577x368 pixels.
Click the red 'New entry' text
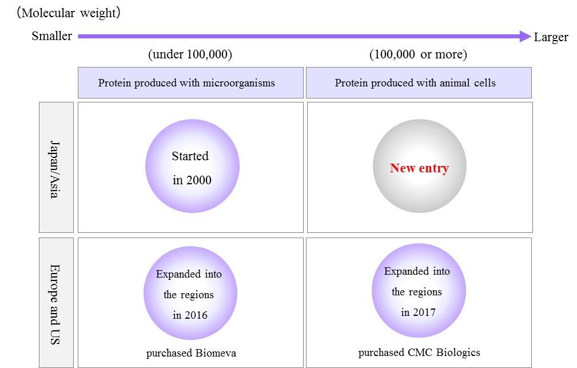click(x=420, y=168)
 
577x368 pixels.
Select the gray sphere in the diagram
click(x=420, y=166)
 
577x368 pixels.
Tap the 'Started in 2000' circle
click(x=192, y=166)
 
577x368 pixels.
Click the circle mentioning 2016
click(x=190, y=293)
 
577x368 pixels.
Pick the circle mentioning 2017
click(x=419, y=290)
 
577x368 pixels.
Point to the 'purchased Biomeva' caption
click(x=191, y=353)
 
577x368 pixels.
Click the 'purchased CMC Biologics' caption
click(x=419, y=353)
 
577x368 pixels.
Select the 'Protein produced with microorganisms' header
click(x=190, y=82)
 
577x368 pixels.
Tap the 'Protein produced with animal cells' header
click(x=419, y=82)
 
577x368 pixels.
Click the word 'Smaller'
click(x=51, y=35)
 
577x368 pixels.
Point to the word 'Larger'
click(x=551, y=37)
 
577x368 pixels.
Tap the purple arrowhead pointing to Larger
click(x=526, y=36)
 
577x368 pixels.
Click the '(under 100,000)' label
click(x=190, y=54)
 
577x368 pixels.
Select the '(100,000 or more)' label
click(x=418, y=54)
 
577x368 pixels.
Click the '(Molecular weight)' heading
click(x=69, y=13)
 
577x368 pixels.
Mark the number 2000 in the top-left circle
click(x=198, y=180)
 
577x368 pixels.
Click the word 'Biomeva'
click(x=216, y=353)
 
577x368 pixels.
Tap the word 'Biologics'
click(x=458, y=353)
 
